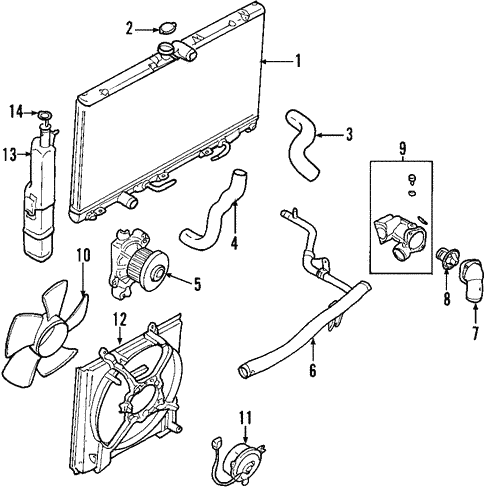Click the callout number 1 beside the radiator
[x=297, y=61]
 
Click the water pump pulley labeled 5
[x=154, y=270]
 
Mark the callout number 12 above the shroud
[x=119, y=320]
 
